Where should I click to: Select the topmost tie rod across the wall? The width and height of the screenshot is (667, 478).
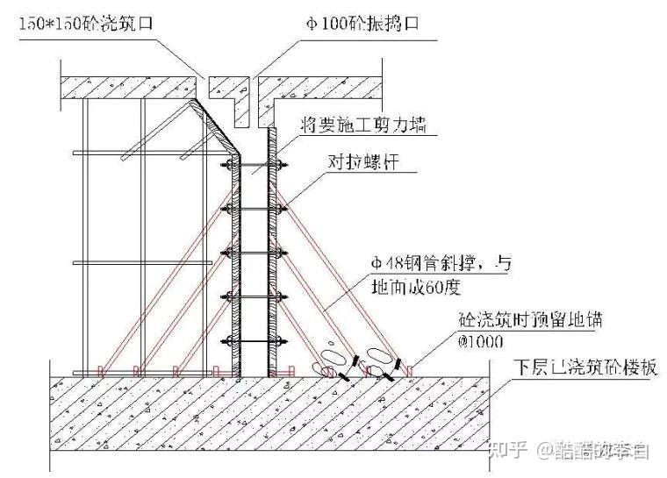(255, 166)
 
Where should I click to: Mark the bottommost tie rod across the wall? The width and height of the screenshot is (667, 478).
(255, 339)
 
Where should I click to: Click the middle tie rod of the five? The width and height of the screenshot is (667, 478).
(255, 253)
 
